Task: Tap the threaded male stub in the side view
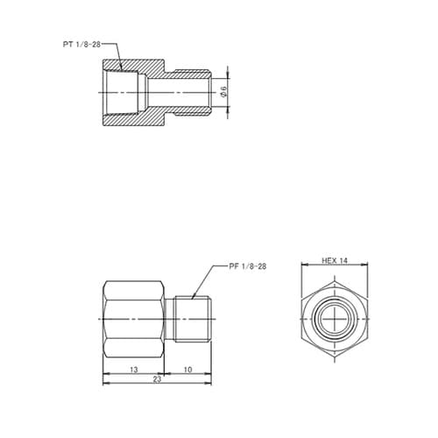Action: coord(192,319)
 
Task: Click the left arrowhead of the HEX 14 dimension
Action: coord(302,265)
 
